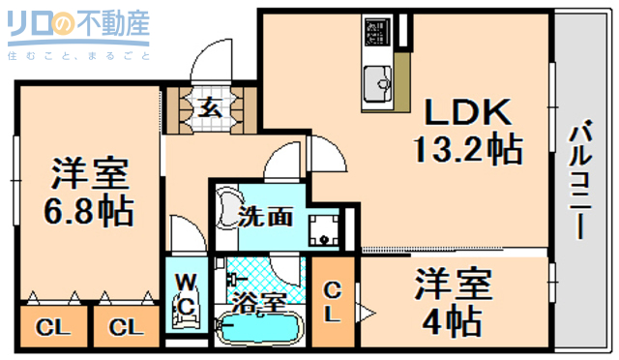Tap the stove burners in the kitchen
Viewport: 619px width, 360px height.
pos(374,32)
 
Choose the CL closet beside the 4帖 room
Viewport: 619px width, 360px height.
pos(332,301)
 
